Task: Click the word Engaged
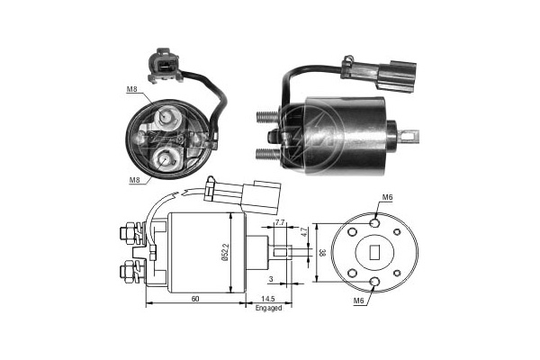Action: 268,308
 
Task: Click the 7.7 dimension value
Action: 279,221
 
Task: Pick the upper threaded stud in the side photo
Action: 266,115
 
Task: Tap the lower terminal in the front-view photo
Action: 166,160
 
